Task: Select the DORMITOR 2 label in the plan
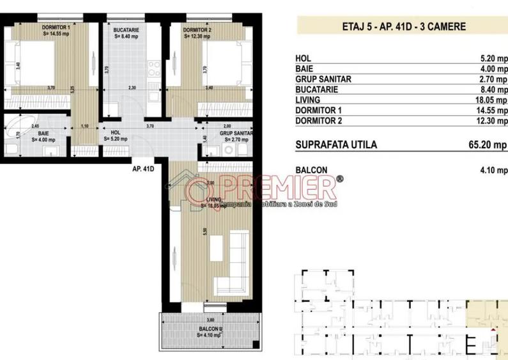click(197, 29)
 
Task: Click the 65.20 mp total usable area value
click(489, 145)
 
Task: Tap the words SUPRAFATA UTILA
click(336, 145)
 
